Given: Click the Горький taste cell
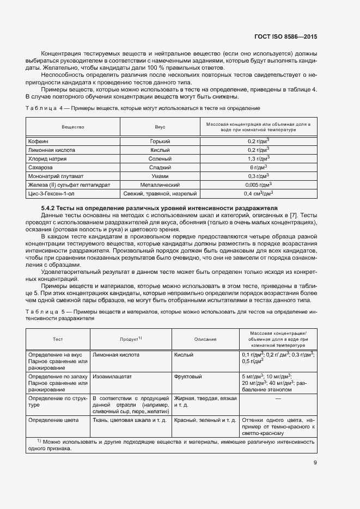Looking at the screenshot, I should [x=161, y=141].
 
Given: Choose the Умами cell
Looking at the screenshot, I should [x=161, y=176].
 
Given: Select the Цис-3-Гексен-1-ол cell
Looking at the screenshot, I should [x=52, y=193].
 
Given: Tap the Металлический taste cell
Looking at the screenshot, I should [x=161, y=185].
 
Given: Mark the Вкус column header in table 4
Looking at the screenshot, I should [x=161, y=127].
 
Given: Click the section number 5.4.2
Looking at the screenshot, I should [x=51, y=208].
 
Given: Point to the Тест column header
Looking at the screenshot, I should [x=58, y=339].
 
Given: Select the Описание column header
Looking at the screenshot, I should [x=205, y=339].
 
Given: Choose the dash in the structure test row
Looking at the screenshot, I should [x=278, y=398].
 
